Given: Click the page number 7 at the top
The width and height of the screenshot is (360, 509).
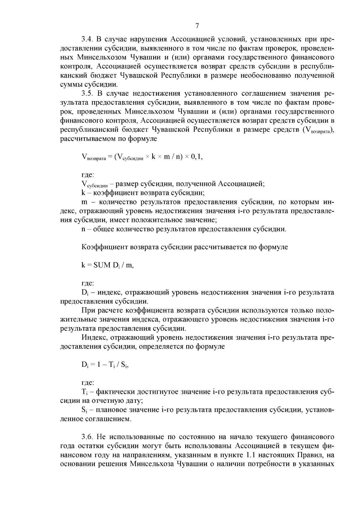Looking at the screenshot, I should (197, 26).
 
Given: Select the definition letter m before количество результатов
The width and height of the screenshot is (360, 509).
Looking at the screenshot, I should (84, 202).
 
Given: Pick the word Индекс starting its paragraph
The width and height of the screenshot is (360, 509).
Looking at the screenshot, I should (93, 337).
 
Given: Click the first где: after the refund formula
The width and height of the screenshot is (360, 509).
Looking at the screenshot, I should (88, 175).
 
